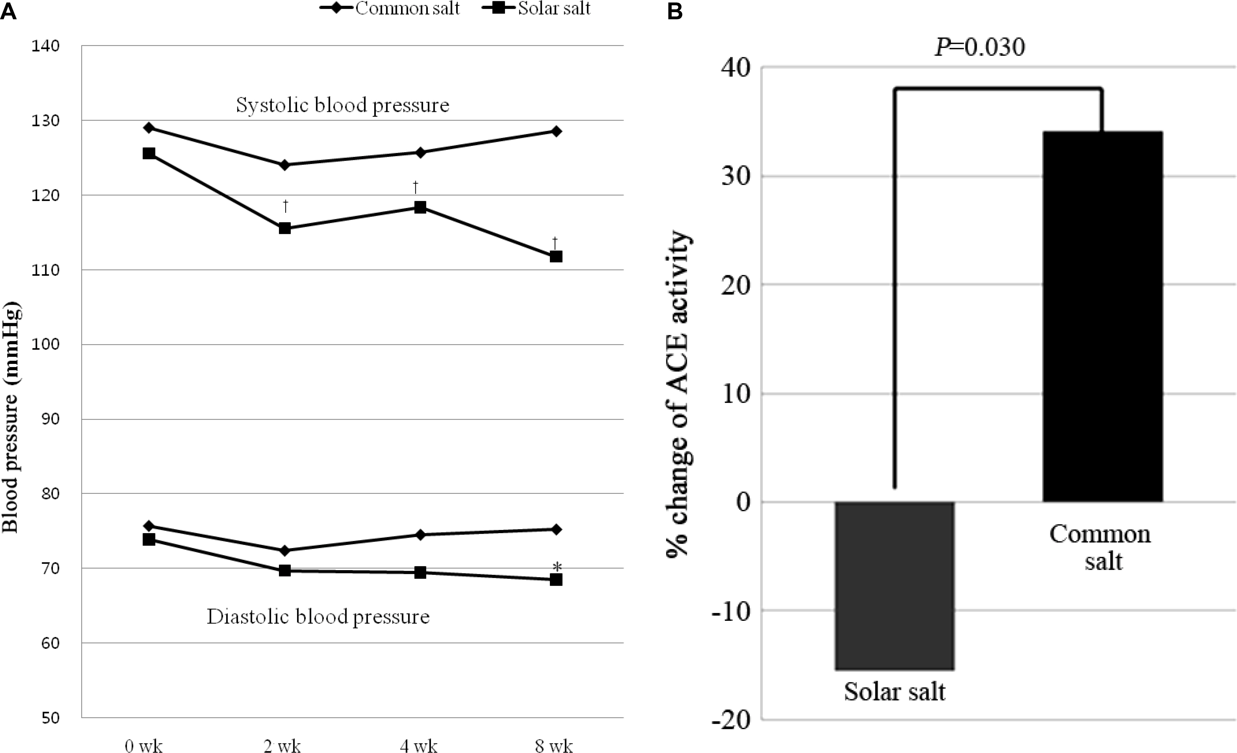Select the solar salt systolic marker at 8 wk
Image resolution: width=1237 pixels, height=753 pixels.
[x=556, y=256]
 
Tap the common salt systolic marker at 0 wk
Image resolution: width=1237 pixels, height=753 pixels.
[x=149, y=128]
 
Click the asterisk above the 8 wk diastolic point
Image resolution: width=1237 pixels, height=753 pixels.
[x=557, y=567]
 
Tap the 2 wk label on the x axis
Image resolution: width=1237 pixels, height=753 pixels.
[x=282, y=746]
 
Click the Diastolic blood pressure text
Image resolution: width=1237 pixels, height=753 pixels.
[x=318, y=616]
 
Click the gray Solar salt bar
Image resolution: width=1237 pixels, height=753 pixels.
[x=894, y=585]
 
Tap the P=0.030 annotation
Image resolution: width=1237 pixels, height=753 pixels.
[x=980, y=48]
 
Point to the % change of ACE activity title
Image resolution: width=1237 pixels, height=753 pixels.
[x=679, y=394]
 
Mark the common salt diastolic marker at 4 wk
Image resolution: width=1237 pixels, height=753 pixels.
[x=420, y=535]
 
